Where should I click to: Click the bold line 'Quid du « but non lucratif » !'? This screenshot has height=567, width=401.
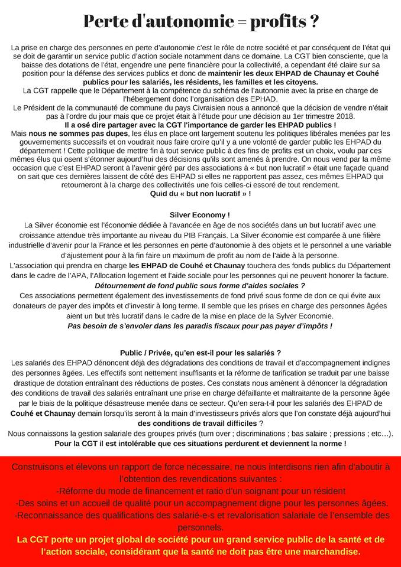coord(200,193)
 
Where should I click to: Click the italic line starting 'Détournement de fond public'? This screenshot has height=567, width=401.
coord(200,285)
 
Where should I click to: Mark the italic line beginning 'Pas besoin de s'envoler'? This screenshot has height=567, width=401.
coord(200,325)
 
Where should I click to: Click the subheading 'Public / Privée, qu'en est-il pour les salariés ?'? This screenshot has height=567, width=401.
coord(200,353)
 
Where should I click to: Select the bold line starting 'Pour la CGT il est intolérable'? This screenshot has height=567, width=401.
coord(200,444)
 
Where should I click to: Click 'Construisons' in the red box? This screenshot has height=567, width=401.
coord(39,467)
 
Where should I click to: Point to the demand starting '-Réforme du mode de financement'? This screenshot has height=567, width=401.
coord(200,491)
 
